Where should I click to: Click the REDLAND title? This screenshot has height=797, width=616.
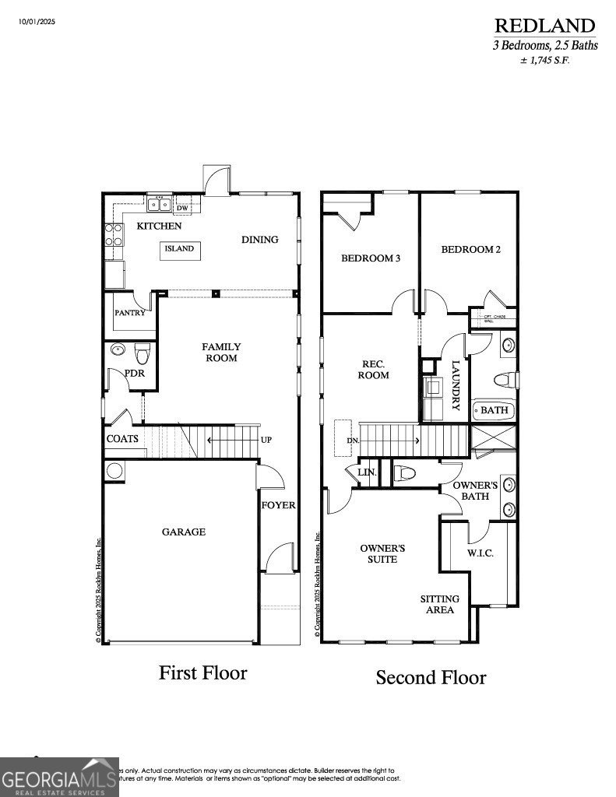click(x=544, y=26)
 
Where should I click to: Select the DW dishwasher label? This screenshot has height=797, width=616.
click(x=181, y=209)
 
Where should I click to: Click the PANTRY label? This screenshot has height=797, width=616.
click(x=129, y=313)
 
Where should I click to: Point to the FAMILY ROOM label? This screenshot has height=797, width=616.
click(x=221, y=353)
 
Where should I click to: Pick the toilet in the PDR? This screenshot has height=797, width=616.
click(x=141, y=355)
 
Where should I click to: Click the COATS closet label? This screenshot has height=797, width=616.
click(x=122, y=439)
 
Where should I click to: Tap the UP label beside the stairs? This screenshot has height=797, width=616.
click(x=266, y=441)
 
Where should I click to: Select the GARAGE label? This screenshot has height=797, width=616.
click(x=184, y=532)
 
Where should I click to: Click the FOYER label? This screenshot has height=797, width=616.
click(x=278, y=505)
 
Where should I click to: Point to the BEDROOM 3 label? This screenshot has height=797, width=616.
click(x=371, y=258)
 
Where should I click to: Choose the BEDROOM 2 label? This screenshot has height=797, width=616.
click(x=470, y=250)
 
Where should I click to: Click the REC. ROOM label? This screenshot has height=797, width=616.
click(x=373, y=370)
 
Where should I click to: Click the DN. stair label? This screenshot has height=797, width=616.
click(x=352, y=441)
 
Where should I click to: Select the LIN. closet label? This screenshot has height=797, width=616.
click(x=367, y=472)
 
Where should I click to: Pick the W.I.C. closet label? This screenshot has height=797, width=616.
click(x=480, y=553)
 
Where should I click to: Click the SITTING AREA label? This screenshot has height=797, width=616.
click(x=439, y=604)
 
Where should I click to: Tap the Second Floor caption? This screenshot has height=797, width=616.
click(x=431, y=677)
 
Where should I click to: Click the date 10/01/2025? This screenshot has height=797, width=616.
click(x=38, y=21)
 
